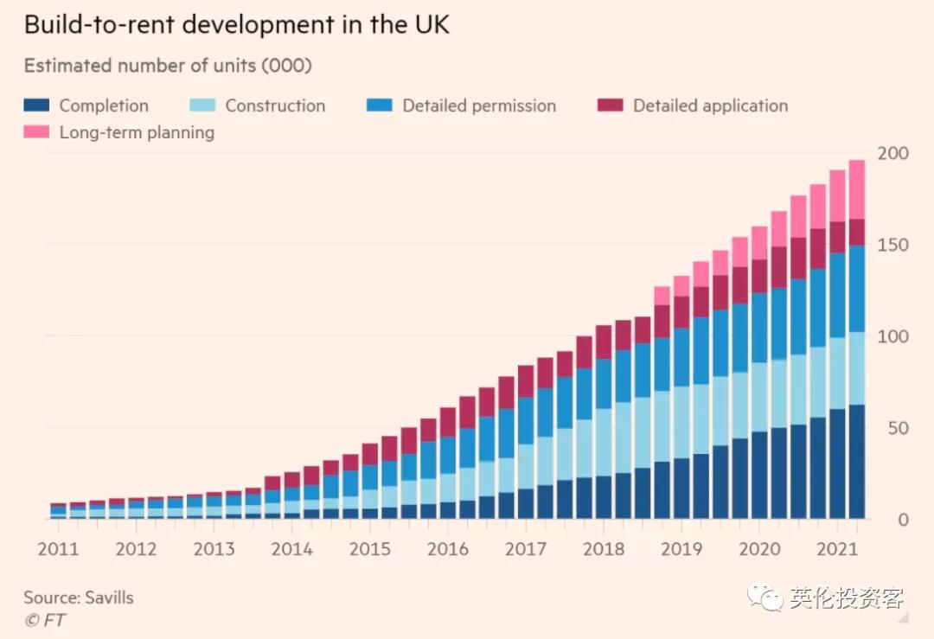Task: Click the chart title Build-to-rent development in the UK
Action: pos(236,24)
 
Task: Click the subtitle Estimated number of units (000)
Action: pos(168,66)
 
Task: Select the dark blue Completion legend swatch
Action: pos(36,105)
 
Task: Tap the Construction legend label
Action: pos(275,105)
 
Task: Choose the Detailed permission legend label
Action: pos(479,105)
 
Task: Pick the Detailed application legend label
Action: pos(710,105)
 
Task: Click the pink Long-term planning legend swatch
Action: pos(36,132)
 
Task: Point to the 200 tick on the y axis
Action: pos(893,154)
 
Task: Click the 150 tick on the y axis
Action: pos(893,246)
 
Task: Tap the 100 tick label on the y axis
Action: pos(893,336)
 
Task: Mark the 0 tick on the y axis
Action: pos(902,520)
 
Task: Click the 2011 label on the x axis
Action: pos(58,549)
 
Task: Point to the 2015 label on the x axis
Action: pos(369,549)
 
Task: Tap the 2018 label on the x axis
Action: pos(603,549)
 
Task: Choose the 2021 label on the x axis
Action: pos(836,549)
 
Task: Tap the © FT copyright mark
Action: pos(44,620)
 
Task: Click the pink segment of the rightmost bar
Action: pos(857,189)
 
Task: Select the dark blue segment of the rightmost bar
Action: pos(857,462)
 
